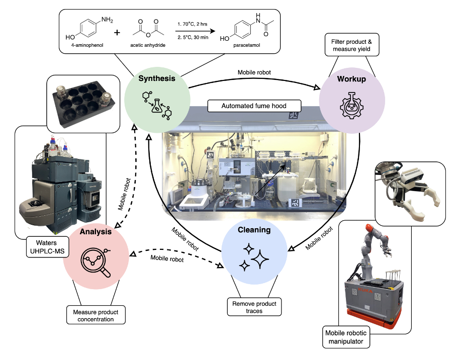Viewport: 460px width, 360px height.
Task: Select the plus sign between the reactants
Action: click(x=117, y=33)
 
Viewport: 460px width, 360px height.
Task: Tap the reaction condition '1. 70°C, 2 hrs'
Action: click(x=192, y=23)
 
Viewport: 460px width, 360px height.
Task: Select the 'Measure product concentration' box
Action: click(x=96, y=315)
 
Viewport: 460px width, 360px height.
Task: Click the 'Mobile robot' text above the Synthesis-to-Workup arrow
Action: click(x=254, y=72)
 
